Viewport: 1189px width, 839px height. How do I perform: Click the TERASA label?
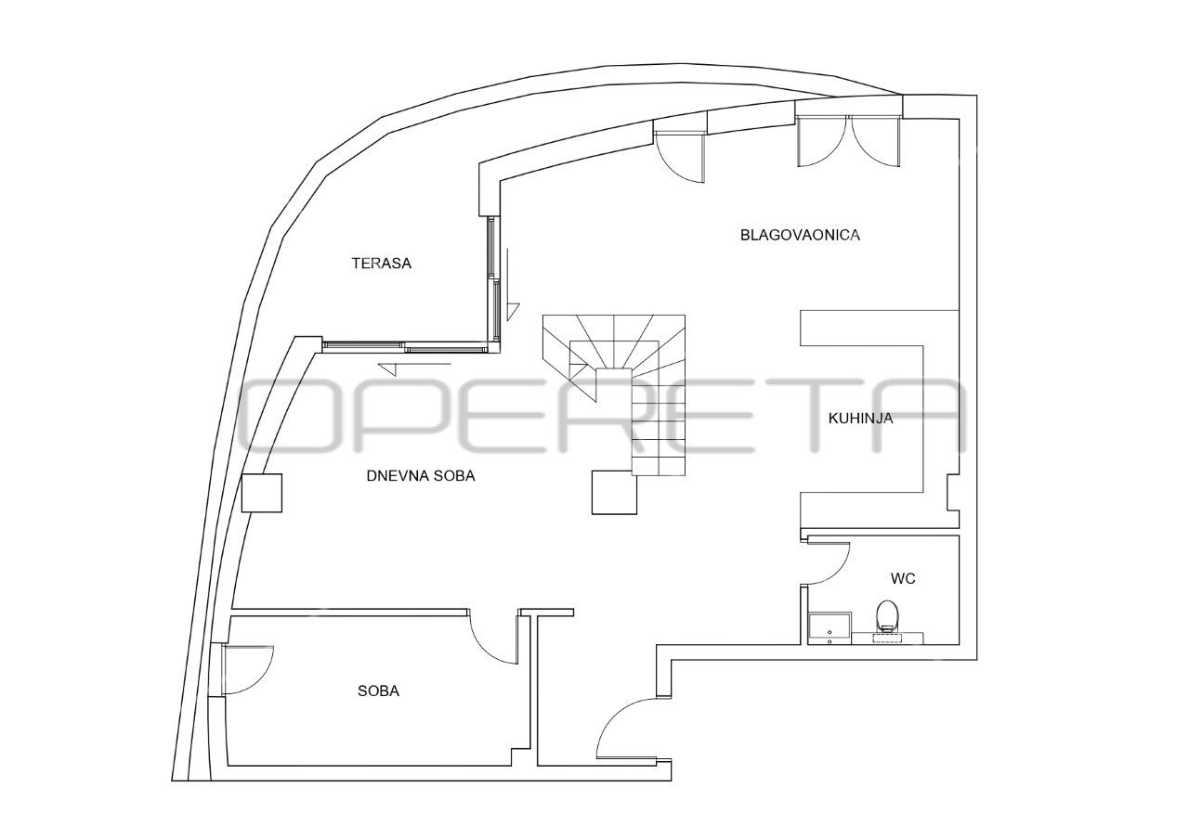click(x=381, y=263)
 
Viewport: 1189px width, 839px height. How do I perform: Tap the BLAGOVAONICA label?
click(x=800, y=235)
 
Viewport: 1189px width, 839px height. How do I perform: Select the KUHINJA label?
click(x=860, y=419)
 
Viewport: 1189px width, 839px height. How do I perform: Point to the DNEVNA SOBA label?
click(x=421, y=476)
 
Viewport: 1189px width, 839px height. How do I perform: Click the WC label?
click(x=903, y=578)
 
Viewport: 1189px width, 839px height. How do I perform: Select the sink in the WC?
click(x=830, y=628)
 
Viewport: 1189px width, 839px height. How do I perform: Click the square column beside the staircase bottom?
click(x=614, y=492)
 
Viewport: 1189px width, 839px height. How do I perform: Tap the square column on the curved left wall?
click(x=262, y=493)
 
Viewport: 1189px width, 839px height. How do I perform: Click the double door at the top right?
click(x=848, y=141)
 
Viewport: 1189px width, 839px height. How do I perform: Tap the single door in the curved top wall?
click(x=679, y=157)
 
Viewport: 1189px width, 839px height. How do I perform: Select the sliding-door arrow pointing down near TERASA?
click(x=510, y=285)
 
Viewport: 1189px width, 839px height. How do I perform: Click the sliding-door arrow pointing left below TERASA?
click(x=414, y=367)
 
